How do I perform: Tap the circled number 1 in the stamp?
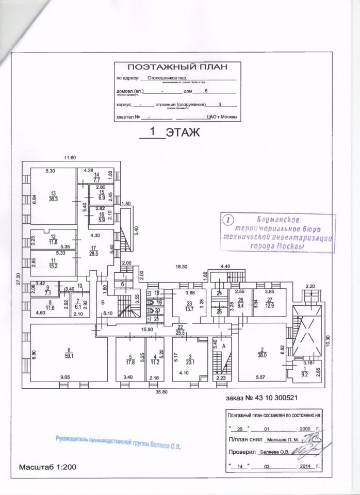pyautogui.click(x=228, y=219)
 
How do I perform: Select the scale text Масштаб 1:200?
pyautogui.click(x=47, y=467)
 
